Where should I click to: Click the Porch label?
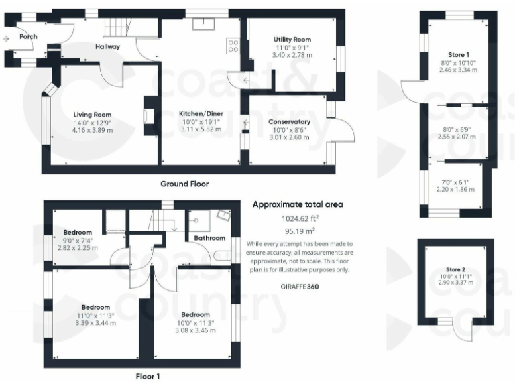pyautogui.click(x=28, y=36)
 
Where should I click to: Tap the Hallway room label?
pyautogui.click(x=107, y=46)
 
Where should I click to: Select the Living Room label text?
pyautogui.click(x=93, y=115)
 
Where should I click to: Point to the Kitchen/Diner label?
pyautogui.click(x=202, y=115)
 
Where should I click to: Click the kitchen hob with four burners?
pyautogui.click(x=234, y=46)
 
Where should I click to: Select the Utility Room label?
pyautogui.click(x=292, y=40)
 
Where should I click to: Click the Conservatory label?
pyautogui.click(x=289, y=121)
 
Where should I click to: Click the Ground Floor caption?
pyautogui.click(x=184, y=184)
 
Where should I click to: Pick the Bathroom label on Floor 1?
pyautogui.click(x=210, y=238)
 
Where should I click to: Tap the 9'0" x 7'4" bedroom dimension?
pyautogui.click(x=78, y=240)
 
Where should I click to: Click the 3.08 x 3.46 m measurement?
pyautogui.click(x=194, y=330)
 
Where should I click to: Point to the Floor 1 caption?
pyautogui.click(x=148, y=377)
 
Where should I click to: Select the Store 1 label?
pyautogui.click(x=459, y=54)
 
